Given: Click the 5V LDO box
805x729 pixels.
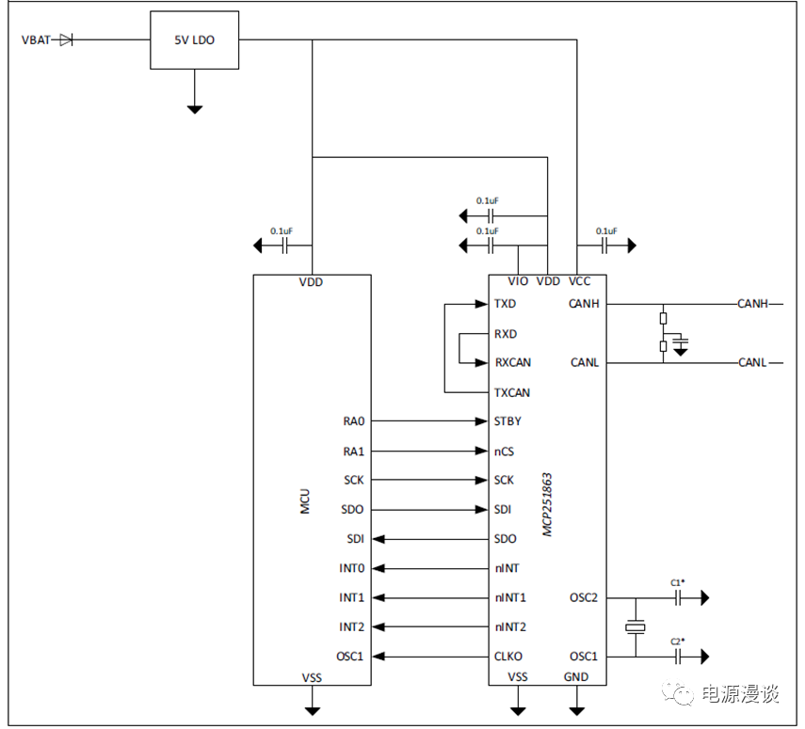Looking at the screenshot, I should [x=194, y=40].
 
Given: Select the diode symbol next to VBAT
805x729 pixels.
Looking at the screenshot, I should [x=66, y=40].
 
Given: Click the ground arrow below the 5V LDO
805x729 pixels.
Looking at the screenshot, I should [x=194, y=107].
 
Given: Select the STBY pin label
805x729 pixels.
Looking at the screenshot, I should [x=507, y=421].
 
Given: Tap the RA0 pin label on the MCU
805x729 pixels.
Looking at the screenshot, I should [x=353, y=421].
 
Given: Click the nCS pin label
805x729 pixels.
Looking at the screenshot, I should [x=504, y=452].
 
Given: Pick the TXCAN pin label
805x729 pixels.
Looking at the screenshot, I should [x=511, y=392].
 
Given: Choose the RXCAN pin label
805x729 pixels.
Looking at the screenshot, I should [x=511, y=362].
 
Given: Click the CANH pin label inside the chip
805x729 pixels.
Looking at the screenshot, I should [x=584, y=304].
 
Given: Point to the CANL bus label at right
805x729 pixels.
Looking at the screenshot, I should [x=752, y=362].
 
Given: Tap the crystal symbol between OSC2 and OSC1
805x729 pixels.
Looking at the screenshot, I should [x=636, y=626].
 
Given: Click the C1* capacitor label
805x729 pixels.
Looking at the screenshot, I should [x=678, y=583].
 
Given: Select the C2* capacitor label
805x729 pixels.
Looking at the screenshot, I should [x=678, y=642].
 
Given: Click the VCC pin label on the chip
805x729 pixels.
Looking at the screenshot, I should [x=580, y=281].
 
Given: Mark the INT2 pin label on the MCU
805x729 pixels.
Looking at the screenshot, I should [x=351, y=626].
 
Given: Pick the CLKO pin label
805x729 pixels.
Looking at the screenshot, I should [x=508, y=657].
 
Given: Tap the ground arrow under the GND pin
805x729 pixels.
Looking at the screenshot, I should [x=576, y=707].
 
